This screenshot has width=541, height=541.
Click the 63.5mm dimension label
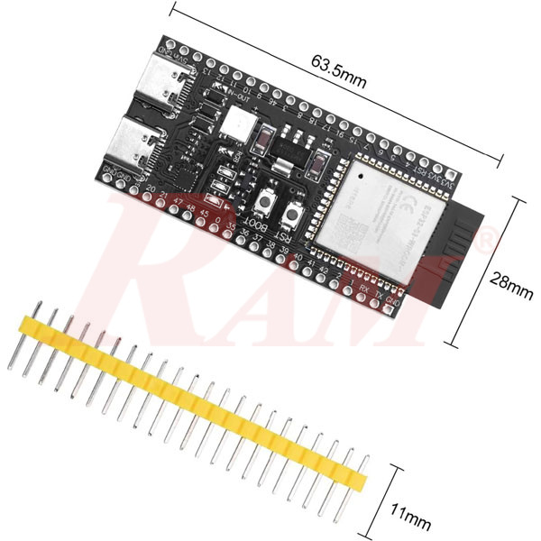(339, 72)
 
